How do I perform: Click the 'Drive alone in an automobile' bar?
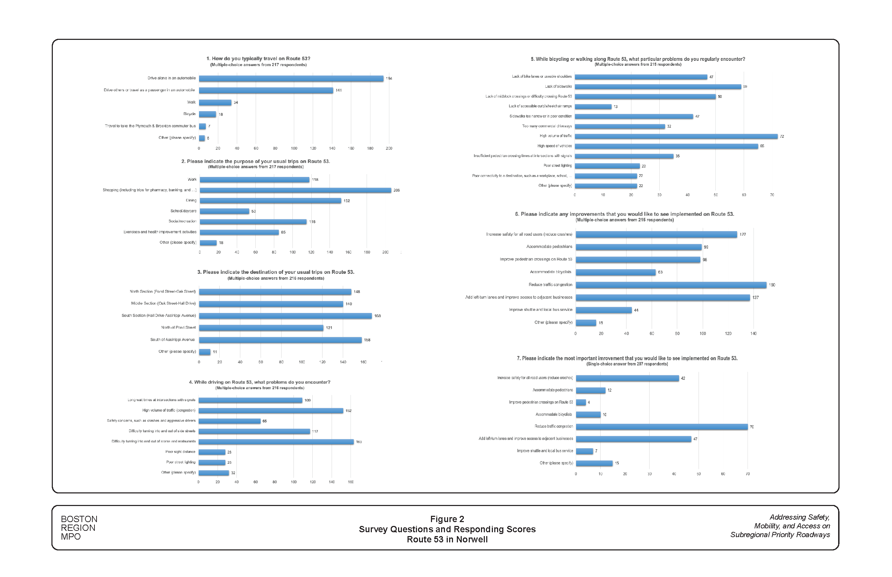[291, 78]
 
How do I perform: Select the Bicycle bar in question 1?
[207, 114]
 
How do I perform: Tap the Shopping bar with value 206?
[295, 190]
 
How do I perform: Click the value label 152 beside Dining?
[347, 201]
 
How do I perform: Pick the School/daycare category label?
[183, 211]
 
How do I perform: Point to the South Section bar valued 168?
[285, 316]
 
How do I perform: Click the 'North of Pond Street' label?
[178, 327]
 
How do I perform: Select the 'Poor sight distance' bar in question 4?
[212, 452]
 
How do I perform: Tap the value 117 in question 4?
[315, 431]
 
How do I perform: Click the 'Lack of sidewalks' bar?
[658, 87]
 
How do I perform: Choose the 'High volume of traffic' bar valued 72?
[676, 136]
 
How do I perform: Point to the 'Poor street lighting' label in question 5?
[558, 166]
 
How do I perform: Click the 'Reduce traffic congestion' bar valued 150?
[671, 285]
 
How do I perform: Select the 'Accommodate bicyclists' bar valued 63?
[615, 272]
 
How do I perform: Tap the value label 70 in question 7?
[751, 427]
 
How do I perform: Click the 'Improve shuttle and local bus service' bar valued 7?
[584, 451]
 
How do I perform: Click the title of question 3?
[276, 272]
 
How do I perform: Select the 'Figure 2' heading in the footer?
[447, 519]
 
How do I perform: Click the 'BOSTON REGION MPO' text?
[79, 528]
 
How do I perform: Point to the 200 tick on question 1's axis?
[389, 148]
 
